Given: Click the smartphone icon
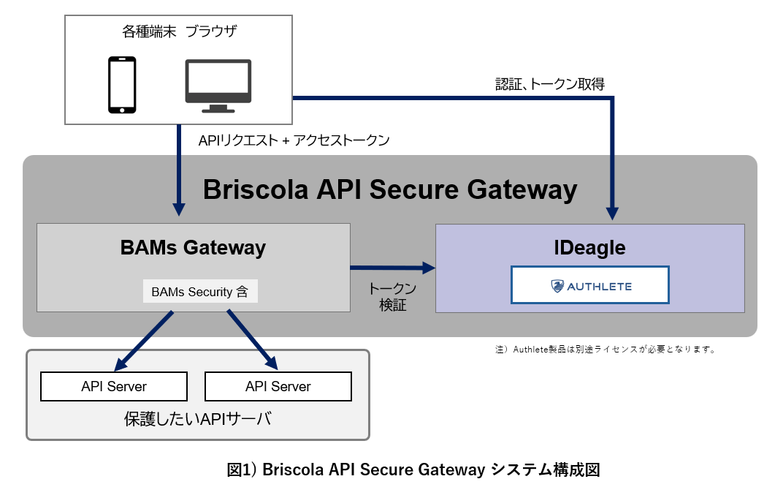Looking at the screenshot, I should (122, 86).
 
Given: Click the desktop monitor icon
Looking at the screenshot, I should (218, 86).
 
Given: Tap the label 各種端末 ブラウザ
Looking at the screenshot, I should (180, 32).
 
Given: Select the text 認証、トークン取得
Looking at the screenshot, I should (549, 83).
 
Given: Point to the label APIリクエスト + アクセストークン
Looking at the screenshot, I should (294, 140).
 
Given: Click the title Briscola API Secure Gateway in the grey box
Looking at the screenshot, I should (389, 189).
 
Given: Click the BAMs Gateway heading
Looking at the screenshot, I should (193, 247).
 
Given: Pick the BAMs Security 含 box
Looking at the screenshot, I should (199, 292).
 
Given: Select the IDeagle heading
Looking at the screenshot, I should (589, 247).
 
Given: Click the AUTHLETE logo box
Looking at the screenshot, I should (589, 285).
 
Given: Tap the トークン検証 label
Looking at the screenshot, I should (392, 296).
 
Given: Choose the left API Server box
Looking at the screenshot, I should (114, 386).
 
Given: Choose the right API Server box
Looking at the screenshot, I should (278, 386).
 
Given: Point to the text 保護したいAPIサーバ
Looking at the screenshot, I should (197, 419).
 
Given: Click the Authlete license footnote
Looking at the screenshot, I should (605, 350).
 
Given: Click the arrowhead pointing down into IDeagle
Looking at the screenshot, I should (613, 213).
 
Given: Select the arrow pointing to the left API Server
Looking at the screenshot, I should (143, 341).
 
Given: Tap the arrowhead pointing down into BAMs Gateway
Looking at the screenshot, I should (178, 208).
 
